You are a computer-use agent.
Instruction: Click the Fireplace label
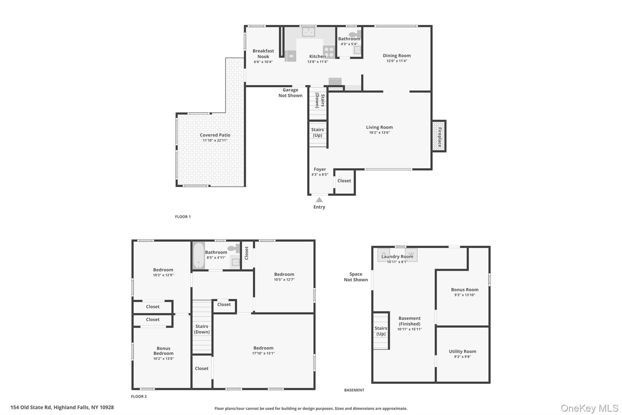point(439,137)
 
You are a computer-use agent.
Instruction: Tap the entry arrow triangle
point(319,200)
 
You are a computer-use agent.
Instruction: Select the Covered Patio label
point(215,135)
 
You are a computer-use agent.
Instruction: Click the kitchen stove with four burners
point(329,51)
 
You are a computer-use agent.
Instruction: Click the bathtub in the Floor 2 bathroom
point(199,255)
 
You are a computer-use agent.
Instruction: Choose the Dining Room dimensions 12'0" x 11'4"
point(397,61)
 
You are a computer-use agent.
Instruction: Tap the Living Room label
point(379,127)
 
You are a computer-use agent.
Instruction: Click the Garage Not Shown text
point(290,93)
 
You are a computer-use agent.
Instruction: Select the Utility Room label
point(463,351)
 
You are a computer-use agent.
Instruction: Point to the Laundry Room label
point(397,256)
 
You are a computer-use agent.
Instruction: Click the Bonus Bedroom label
point(163,351)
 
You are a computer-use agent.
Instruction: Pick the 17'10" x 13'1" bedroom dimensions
point(263,353)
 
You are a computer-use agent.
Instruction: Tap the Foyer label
point(320,169)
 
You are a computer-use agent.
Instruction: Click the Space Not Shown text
point(356,277)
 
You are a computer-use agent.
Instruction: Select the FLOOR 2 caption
point(139,396)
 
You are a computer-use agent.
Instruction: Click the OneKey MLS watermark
point(590,408)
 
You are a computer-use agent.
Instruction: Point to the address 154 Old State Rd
point(62,407)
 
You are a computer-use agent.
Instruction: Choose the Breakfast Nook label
point(263,54)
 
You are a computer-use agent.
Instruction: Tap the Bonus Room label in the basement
point(465,289)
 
